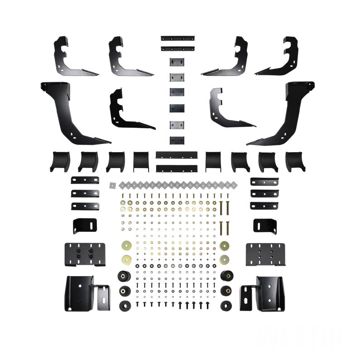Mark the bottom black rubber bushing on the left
click(124, 305)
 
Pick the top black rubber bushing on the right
click(225, 276)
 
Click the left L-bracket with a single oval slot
click(84, 226)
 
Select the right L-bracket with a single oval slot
click(264, 226)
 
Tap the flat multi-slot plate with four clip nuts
click(85, 254)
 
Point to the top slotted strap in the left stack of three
click(85, 180)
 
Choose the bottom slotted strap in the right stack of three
click(264, 206)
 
